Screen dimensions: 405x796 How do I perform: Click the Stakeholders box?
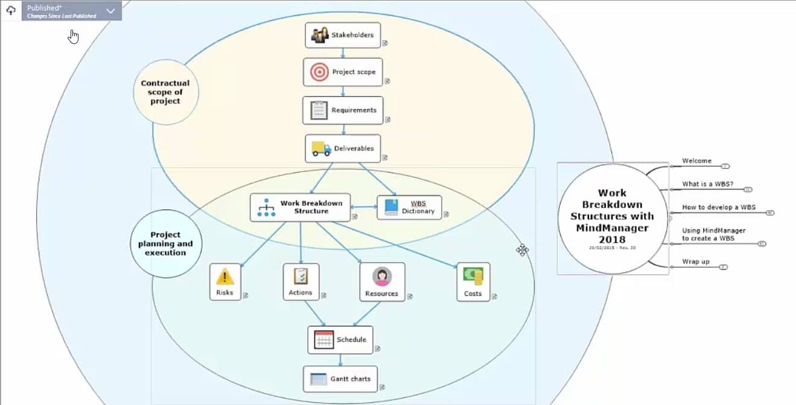coord(343,35)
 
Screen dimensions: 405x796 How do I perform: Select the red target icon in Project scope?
coord(319,72)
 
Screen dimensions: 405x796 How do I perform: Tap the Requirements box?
coord(343,110)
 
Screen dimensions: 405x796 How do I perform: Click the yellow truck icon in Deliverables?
coord(321,148)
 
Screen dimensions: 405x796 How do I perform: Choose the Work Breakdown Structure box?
coord(301,207)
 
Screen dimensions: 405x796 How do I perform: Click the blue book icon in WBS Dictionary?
coord(392,207)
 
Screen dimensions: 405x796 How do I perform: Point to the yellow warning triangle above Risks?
coord(224,276)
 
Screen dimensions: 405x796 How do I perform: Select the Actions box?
coord(301,282)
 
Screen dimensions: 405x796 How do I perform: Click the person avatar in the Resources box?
coord(382,276)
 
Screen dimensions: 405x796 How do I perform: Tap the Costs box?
coord(473,282)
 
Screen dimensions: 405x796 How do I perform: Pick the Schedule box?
coord(340,340)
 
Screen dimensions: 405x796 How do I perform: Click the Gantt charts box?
coord(340,379)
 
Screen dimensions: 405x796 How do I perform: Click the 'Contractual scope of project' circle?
coord(165,92)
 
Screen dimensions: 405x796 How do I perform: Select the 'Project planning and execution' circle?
coord(165,244)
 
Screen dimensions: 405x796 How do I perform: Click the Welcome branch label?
coord(696,161)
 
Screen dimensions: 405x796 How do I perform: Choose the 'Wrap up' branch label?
coord(696,262)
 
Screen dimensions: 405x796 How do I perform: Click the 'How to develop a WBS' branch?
coord(719,207)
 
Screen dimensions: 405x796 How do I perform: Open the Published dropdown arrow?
coord(110,11)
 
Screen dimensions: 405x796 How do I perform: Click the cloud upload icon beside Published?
coord(11,11)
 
